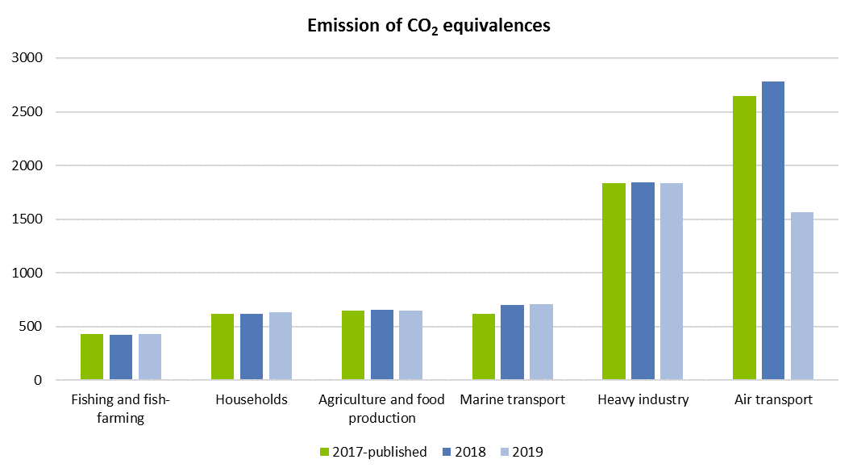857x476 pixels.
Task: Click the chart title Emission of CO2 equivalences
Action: coord(428,26)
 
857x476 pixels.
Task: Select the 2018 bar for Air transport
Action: coord(773,231)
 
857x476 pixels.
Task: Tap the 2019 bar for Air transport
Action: coord(802,296)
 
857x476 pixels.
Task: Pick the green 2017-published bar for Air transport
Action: coord(744,238)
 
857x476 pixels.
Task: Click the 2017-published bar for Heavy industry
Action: coord(614,282)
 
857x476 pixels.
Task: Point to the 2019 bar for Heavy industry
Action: coord(672,282)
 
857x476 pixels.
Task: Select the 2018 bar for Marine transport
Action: coord(512,342)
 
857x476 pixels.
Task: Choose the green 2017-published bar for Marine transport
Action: coord(484,347)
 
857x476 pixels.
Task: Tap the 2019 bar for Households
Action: coord(281,346)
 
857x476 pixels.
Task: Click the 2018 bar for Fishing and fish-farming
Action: coord(121,357)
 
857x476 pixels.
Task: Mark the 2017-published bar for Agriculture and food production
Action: coord(353,345)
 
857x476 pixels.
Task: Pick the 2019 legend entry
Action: coord(521,452)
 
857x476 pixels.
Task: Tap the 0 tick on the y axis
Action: coord(39,380)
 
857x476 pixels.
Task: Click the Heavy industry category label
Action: coord(643,400)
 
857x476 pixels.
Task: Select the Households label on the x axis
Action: coord(252,400)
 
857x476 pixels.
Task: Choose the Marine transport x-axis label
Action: coord(512,400)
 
